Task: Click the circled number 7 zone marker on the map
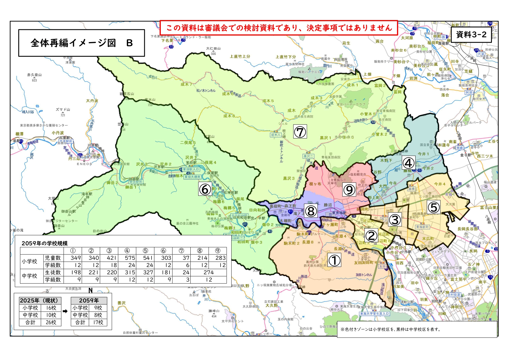point(300,132)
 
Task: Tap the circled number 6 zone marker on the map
point(205,189)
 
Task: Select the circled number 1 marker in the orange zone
point(334,260)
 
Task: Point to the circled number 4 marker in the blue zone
point(408,163)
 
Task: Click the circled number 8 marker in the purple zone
point(311,211)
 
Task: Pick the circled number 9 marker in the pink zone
point(349,190)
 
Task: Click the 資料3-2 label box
point(471,35)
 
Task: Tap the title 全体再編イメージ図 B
point(82,43)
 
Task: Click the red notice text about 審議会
point(279,28)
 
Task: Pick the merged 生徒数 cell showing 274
point(208,272)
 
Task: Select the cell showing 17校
point(98,322)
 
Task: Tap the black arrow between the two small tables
point(65,311)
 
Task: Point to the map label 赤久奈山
point(34,75)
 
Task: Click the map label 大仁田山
point(213,48)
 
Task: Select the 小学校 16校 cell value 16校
point(51,307)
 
